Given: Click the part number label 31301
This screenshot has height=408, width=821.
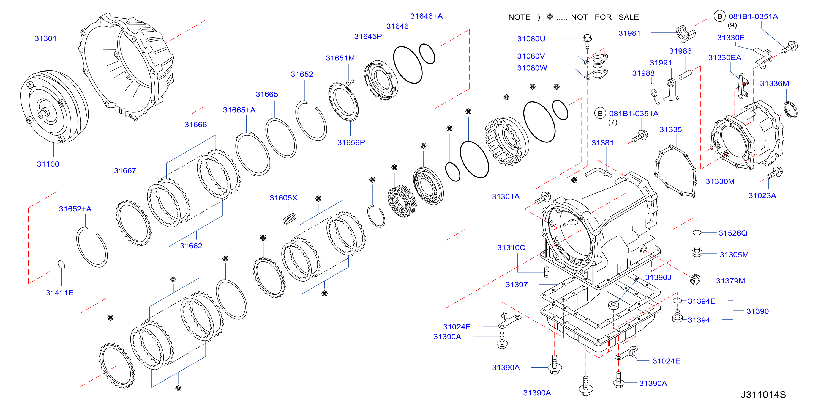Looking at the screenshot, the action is click(46, 38).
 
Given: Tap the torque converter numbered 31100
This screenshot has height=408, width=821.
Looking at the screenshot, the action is click(54, 107).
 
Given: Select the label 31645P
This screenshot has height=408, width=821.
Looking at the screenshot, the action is click(368, 37).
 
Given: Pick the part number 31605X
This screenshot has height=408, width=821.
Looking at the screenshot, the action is click(283, 198).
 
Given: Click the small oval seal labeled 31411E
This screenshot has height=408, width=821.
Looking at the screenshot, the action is click(61, 265).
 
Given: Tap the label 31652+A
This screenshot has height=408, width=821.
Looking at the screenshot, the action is click(75, 209).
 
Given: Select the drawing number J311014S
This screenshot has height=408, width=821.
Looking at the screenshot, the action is click(763, 395).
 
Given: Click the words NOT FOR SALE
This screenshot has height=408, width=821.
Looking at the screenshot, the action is click(605, 17).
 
